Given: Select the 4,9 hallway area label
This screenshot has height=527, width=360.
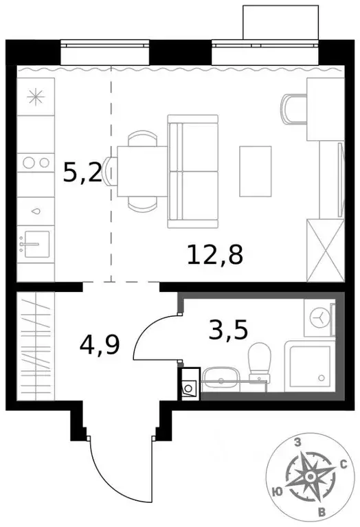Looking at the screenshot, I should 99,342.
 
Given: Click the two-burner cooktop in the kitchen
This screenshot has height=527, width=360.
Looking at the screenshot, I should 35,163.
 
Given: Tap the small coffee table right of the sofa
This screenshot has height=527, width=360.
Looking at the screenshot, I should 252,170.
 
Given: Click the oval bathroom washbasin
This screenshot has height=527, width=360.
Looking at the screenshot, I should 221,380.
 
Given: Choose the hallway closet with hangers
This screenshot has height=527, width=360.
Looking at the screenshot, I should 34,347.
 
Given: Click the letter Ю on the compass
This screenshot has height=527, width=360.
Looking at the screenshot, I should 275,491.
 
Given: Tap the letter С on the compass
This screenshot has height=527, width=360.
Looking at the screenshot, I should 343,464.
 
